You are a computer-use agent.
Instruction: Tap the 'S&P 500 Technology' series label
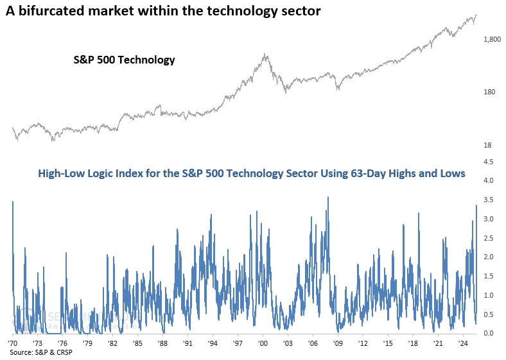point(122,60)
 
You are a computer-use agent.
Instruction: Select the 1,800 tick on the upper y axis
point(492,40)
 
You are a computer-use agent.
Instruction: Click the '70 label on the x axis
point(13,344)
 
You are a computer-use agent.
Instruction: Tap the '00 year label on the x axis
point(263,344)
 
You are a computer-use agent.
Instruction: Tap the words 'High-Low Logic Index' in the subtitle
point(89,173)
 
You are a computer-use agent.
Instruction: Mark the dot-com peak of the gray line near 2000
point(265,55)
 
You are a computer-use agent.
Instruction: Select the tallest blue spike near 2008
point(328,198)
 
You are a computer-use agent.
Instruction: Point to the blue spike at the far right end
point(476,205)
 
